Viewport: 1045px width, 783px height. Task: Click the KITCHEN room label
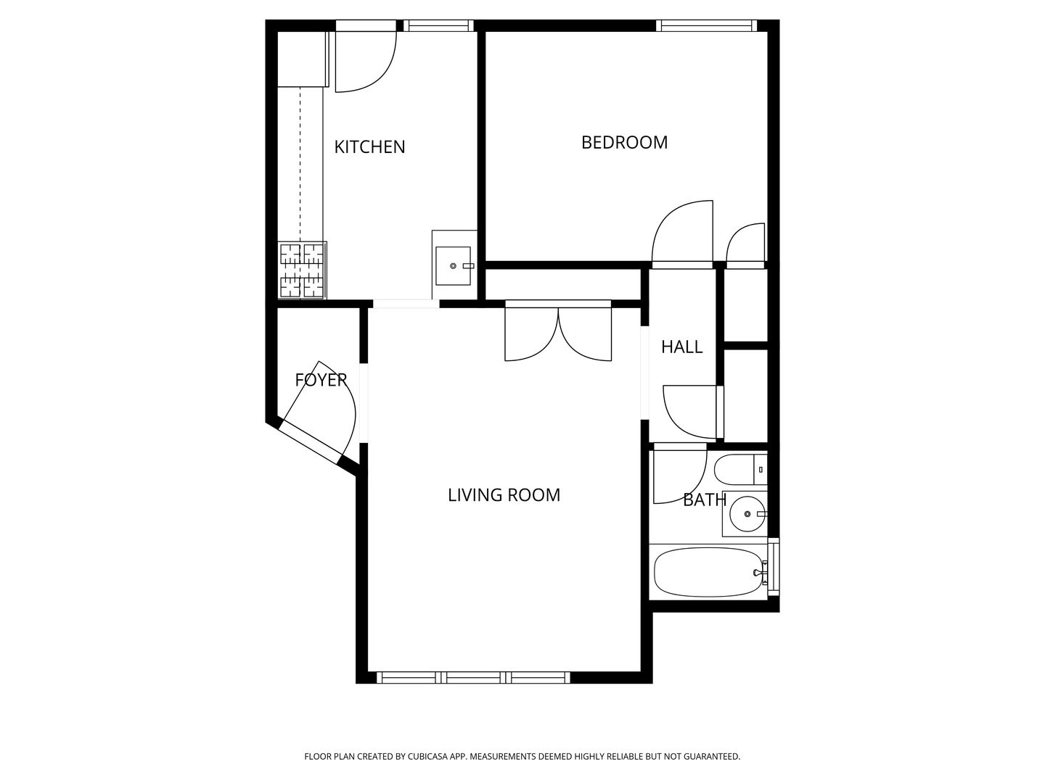pyautogui.click(x=369, y=147)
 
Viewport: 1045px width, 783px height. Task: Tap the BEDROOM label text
pyautogui.click(x=624, y=143)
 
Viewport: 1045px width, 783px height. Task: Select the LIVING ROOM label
pyautogui.click(x=504, y=495)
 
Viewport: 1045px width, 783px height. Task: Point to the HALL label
pyautogui.click(x=681, y=347)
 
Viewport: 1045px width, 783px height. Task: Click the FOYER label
pyautogui.click(x=321, y=380)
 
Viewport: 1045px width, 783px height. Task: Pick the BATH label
pyautogui.click(x=705, y=500)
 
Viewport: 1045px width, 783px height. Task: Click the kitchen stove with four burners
pyautogui.click(x=303, y=270)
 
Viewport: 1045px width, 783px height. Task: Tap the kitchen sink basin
pyautogui.click(x=454, y=266)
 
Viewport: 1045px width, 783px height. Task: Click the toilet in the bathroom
pyautogui.click(x=741, y=469)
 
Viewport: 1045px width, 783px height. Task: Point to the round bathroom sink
pyautogui.click(x=747, y=514)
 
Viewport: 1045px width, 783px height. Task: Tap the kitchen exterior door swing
pyautogui.click(x=366, y=62)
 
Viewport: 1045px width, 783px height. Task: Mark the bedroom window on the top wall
pyautogui.click(x=707, y=25)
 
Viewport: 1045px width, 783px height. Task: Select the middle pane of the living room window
pyautogui.click(x=473, y=677)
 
